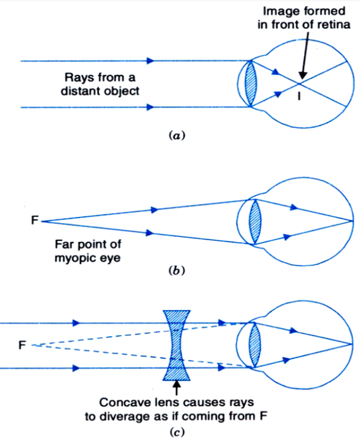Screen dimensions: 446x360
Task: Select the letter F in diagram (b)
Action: (x=35, y=221)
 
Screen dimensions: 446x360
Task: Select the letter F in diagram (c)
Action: (x=22, y=345)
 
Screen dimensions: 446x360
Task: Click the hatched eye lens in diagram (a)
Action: (x=252, y=83)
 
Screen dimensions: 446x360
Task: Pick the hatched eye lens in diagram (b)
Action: (x=254, y=221)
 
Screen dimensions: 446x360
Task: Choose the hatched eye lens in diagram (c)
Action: (x=254, y=346)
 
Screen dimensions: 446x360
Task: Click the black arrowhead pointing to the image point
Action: (x=301, y=76)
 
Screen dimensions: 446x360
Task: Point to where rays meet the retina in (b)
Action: (x=352, y=221)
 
